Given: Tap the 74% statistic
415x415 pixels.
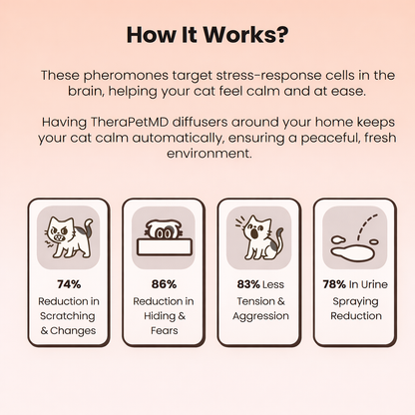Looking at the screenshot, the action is pyautogui.click(x=69, y=284).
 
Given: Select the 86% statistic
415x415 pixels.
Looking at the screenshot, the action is pyautogui.click(x=164, y=284).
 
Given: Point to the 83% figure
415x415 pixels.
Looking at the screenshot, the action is pyautogui.click(x=248, y=284).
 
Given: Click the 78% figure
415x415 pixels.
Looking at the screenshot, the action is pyautogui.click(x=334, y=284).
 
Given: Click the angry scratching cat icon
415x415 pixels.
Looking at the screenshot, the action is pyautogui.click(x=69, y=237).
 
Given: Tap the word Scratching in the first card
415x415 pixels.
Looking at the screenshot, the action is pyautogui.click(x=68, y=316).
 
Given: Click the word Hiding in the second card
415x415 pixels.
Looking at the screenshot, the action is pyautogui.click(x=160, y=316).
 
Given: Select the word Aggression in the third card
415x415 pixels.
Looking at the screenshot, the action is pyautogui.click(x=260, y=316).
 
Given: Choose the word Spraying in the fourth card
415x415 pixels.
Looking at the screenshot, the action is pyautogui.click(x=355, y=301).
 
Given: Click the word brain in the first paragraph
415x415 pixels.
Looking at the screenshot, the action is pyautogui.click(x=86, y=91).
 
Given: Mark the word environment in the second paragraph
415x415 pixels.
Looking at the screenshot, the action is pyautogui.click(x=209, y=154).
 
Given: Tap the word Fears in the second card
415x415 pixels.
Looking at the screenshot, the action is pyautogui.click(x=165, y=330).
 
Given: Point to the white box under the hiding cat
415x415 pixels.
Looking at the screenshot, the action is pyautogui.click(x=165, y=247).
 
